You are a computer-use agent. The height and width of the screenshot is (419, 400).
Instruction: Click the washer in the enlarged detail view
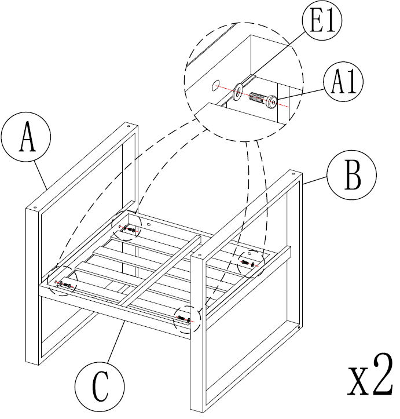[238, 90]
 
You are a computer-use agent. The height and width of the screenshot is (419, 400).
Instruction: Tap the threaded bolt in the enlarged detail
[258, 97]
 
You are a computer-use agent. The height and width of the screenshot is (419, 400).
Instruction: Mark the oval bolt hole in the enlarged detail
[215, 86]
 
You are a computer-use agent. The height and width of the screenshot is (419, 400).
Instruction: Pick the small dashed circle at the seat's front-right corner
[186, 318]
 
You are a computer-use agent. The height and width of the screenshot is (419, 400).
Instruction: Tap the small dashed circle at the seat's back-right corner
[252, 263]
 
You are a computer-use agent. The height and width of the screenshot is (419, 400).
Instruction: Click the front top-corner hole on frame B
[199, 254]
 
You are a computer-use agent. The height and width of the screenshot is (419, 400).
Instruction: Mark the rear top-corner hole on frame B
[293, 173]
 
